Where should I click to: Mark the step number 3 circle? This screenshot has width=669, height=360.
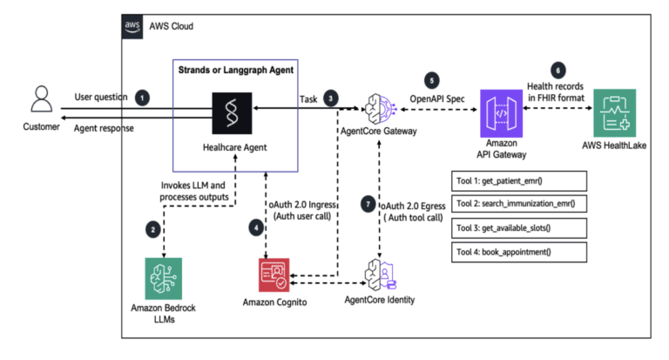332,98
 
